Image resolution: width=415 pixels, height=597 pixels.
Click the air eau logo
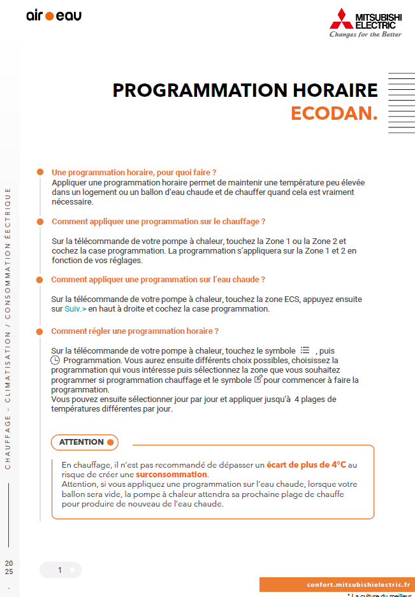tap(54, 16)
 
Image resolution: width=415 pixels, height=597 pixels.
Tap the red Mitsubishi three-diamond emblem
tap(342, 18)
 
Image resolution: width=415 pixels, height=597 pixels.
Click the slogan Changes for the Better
tap(365, 34)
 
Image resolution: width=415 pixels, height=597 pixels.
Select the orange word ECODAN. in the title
tap(334, 113)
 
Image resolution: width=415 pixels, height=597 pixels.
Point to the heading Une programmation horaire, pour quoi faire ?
tap(134, 173)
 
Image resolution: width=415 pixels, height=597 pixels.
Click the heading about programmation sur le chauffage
tap(158, 222)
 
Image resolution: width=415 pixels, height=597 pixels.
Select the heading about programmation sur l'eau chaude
tap(158, 280)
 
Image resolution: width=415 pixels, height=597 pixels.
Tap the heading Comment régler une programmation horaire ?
tap(135, 331)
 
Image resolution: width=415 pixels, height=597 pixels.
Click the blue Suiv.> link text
tap(76, 309)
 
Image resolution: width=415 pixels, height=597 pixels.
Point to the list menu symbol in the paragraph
tap(305, 350)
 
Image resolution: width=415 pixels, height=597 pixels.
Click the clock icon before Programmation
tap(55, 361)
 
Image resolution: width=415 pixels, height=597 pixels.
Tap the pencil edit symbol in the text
tap(258, 380)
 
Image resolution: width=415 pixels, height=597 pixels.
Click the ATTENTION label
tap(81, 442)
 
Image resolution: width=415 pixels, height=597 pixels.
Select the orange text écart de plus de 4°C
tap(306, 464)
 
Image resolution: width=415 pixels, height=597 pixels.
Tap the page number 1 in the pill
tap(60, 570)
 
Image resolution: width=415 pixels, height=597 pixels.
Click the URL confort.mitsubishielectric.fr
tap(358, 585)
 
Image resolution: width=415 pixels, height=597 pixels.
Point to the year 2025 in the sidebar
tap(8, 568)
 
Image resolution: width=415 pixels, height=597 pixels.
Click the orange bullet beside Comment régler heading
tap(40, 331)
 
